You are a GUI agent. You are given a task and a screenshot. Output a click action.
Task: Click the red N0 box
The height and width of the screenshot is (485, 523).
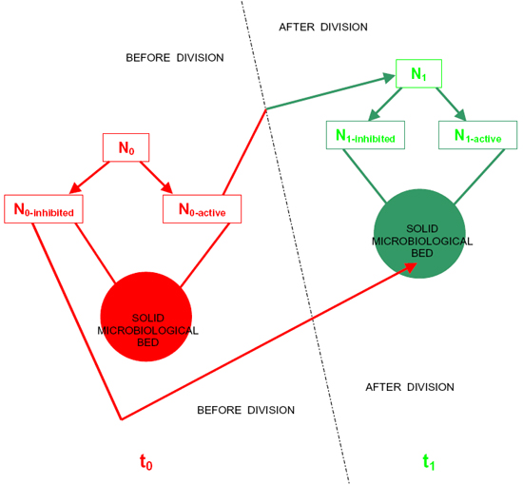pyautogui.click(x=126, y=147)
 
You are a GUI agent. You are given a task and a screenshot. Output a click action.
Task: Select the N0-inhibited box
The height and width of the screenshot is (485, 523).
pyautogui.click(x=44, y=209)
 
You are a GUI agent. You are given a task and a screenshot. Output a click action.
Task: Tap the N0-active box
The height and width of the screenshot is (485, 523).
pyautogui.click(x=203, y=209)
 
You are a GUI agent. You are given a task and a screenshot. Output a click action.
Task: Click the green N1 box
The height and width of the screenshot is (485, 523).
pyautogui.click(x=419, y=74)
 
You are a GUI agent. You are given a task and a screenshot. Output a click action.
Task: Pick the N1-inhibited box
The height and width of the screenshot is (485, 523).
pyautogui.click(x=365, y=135)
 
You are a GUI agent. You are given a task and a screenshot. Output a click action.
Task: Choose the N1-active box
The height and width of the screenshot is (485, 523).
pyautogui.click(x=477, y=135)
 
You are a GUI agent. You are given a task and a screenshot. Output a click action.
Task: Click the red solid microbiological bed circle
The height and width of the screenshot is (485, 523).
pyautogui.click(x=146, y=317)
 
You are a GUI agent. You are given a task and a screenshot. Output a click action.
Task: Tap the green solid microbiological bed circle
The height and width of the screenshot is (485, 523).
pyautogui.click(x=419, y=234)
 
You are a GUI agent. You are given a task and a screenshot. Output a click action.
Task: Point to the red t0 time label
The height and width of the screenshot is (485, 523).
pyautogui.click(x=146, y=462)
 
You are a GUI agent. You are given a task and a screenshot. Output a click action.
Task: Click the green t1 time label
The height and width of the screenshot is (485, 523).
pyautogui.click(x=429, y=462)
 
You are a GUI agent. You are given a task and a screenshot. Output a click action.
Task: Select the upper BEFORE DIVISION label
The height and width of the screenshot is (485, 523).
pyautogui.click(x=175, y=58)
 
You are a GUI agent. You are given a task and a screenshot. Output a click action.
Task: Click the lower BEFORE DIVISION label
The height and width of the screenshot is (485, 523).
pyautogui.click(x=246, y=410)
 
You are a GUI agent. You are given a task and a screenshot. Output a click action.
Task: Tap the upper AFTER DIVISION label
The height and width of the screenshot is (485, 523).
pyautogui.click(x=323, y=27)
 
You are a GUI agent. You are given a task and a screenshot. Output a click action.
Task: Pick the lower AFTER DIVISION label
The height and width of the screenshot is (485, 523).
pyautogui.click(x=410, y=387)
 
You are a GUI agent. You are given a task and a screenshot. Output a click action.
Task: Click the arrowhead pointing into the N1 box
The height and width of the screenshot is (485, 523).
pyautogui.click(x=389, y=78)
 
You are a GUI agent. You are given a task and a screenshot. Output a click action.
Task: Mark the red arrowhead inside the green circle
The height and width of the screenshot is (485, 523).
pyautogui.click(x=411, y=268)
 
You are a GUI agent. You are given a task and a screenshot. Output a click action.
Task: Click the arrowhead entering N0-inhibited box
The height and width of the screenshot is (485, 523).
pyautogui.click(x=75, y=189)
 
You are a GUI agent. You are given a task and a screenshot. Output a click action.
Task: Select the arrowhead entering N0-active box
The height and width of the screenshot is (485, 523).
pyautogui.click(x=167, y=188)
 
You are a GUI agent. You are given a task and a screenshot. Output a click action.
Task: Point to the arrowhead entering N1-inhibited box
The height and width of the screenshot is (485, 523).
pyautogui.click(x=374, y=115)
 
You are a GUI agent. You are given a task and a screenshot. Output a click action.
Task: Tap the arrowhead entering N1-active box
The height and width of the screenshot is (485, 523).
pyautogui.click(x=461, y=115)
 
